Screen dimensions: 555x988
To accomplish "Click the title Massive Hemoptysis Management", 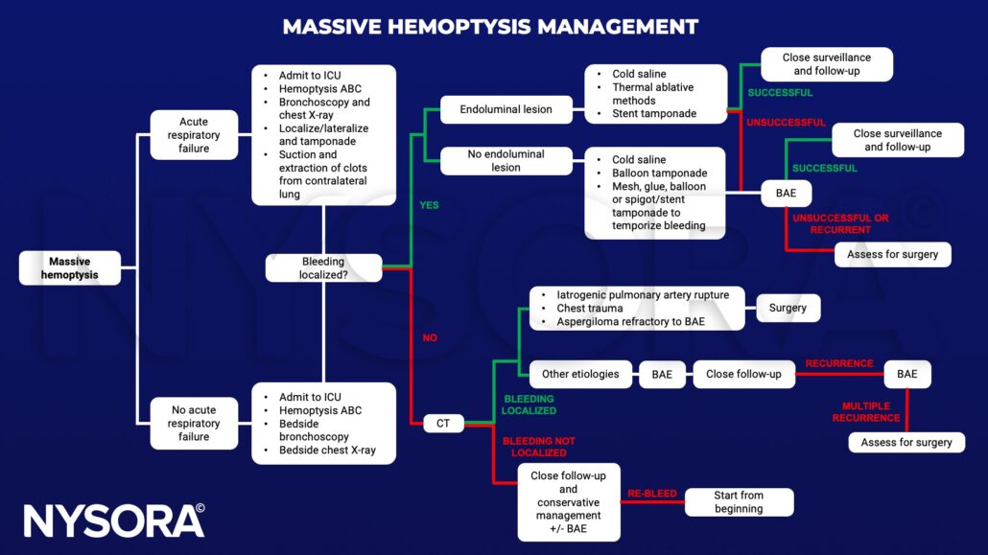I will [490, 26].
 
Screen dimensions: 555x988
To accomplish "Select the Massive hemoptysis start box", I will [70, 267].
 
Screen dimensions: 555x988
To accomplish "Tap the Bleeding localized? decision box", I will [323, 267].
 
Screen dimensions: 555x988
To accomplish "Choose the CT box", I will [444, 423].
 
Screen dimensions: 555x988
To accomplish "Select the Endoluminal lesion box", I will [506, 109].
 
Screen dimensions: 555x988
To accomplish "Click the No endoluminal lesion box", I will [506, 160].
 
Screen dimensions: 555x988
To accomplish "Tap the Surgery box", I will [788, 308].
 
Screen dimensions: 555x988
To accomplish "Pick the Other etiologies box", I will [580, 374].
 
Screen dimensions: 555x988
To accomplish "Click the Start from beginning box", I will [739, 502].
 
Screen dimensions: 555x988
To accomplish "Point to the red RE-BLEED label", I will [652, 494].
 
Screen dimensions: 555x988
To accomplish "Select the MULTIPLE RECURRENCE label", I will [871, 412].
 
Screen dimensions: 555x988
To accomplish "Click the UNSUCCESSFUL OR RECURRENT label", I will [840, 223].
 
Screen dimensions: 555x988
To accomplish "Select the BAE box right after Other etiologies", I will [662, 374].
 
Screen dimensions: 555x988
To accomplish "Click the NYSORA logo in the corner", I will [114, 520].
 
